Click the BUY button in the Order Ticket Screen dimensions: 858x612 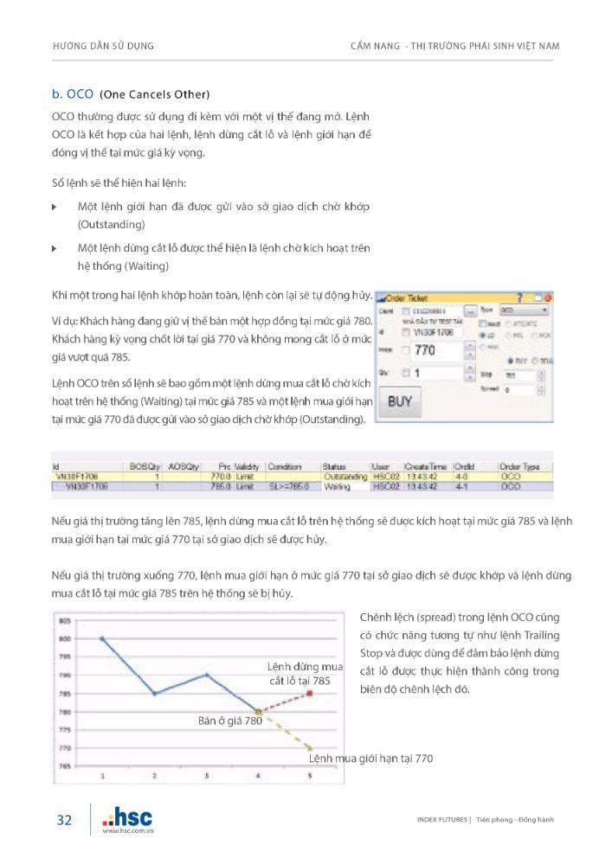coord(400,401)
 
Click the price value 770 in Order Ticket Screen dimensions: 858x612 coord(425,350)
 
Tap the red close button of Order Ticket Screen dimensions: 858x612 coord(547,297)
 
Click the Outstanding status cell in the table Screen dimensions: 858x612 coord(345,477)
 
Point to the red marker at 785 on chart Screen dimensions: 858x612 coord(310,694)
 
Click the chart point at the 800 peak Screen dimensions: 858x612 coord(102,638)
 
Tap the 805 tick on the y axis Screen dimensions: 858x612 coord(64,621)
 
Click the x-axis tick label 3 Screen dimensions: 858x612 coord(206,776)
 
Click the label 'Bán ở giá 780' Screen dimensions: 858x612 coord(229,720)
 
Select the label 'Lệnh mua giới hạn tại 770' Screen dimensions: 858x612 coord(370,759)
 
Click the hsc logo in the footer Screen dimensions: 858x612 coord(126,817)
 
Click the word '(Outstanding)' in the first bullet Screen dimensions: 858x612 coord(111,224)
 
